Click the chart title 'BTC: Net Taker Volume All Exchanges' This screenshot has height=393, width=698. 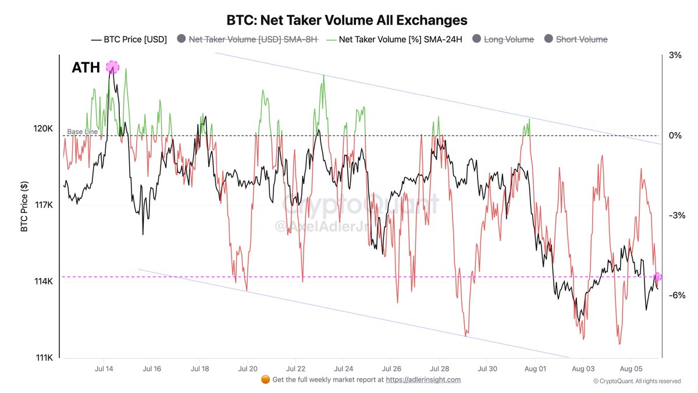tap(339, 20)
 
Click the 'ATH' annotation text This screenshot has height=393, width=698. tap(86, 68)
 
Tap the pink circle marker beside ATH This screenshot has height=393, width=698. tap(112, 67)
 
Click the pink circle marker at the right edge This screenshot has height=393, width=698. tap(658, 277)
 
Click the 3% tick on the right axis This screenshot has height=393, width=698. tap(675, 55)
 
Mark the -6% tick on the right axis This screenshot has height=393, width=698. tap(676, 295)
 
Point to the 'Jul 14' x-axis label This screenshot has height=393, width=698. tap(104, 369)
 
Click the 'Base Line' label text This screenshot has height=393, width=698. tap(82, 132)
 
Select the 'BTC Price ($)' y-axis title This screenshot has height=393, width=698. tap(24, 205)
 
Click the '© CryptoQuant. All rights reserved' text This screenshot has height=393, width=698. tap(636, 381)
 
